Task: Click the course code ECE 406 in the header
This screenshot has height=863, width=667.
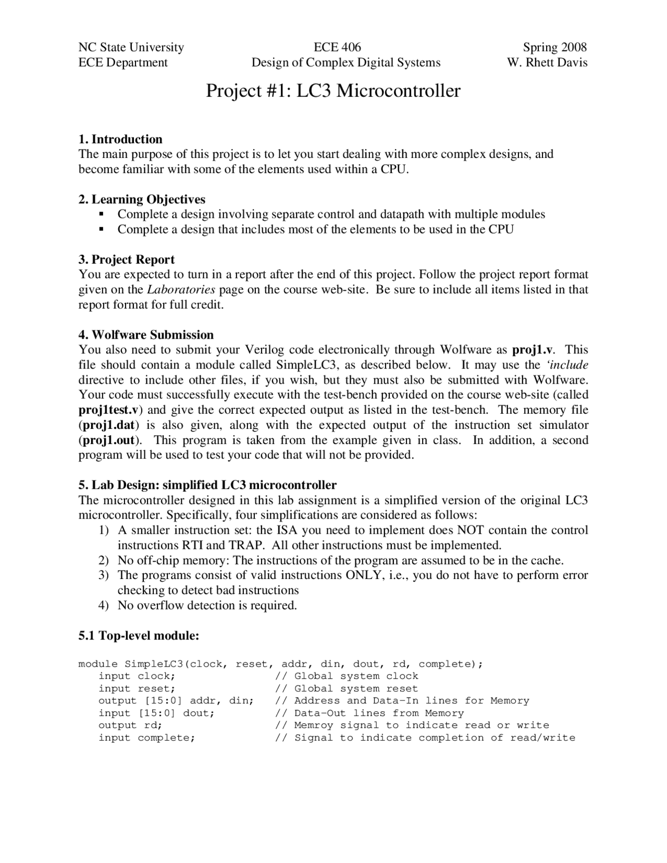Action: (337, 47)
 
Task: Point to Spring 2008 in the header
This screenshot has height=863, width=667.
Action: (554, 47)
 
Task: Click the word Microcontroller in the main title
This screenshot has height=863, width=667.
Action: (398, 91)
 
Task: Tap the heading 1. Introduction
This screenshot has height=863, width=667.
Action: (120, 139)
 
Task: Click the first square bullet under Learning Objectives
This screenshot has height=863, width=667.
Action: (102, 214)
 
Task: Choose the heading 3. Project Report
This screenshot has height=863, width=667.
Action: (127, 260)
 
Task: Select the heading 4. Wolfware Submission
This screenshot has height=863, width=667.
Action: (146, 335)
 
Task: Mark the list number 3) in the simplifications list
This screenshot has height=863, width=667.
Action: (104, 575)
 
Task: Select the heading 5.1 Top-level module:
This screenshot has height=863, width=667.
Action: (139, 636)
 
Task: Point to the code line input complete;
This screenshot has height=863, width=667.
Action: (147, 738)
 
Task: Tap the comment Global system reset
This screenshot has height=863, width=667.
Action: (356, 688)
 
